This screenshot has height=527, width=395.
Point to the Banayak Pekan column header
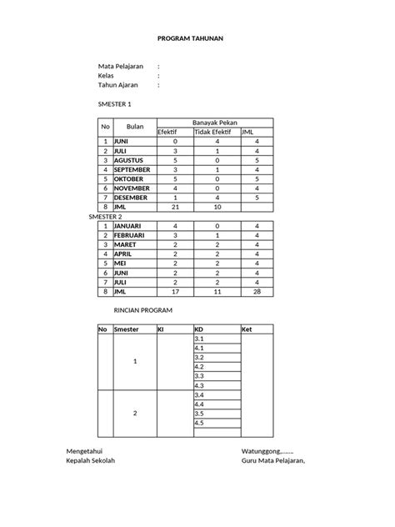tap(216, 122)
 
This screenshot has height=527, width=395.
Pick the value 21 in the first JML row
tap(175, 206)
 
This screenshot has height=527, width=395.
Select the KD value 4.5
tap(199, 422)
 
